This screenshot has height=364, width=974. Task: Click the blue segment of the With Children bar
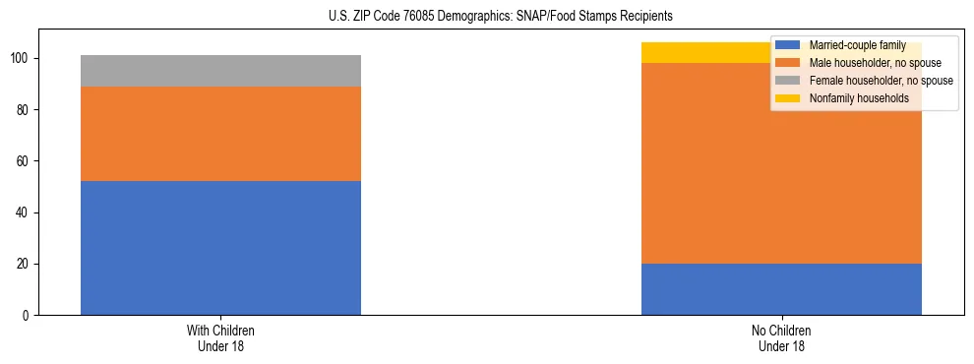click(x=220, y=248)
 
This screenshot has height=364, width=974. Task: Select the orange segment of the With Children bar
click(x=220, y=134)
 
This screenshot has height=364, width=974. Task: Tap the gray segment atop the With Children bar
click(x=220, y=71)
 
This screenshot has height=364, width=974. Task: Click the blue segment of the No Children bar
click(x=781, y=289)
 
